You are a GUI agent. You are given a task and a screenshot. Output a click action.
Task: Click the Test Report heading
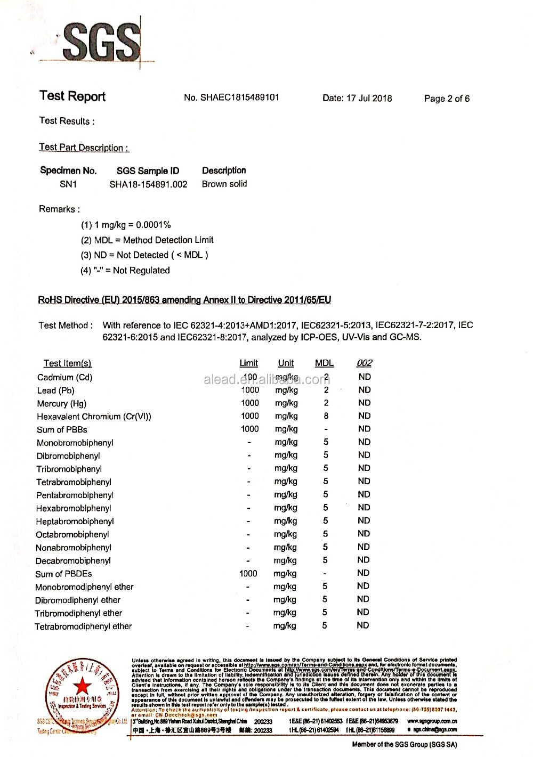[72, 96]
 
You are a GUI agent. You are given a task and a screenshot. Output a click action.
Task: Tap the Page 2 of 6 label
[447, 99]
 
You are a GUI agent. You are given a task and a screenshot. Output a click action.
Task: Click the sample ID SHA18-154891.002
[148, 184]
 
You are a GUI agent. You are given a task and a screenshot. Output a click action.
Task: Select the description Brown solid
[224, 184]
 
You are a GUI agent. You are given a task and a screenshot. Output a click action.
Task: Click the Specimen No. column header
[68, 170]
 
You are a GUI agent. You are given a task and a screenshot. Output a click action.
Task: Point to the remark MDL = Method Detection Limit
[147, 240]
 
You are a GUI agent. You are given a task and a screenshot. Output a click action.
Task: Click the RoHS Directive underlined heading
[184, 300]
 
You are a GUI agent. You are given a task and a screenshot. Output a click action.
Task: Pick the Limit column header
[248, 363]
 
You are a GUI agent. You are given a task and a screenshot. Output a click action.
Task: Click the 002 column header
[364, 363]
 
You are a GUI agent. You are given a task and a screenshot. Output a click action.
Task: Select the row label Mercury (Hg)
[61, 403]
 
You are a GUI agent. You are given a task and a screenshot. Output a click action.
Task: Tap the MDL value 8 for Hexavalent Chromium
[326, 416]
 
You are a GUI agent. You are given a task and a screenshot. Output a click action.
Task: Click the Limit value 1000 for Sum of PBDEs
[248, 574]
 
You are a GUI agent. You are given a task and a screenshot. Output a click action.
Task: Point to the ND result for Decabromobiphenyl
[364, 560]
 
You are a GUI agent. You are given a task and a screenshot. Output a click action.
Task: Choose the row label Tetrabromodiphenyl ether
[83, 626]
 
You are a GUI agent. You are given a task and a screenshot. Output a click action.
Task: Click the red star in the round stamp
[82, 686]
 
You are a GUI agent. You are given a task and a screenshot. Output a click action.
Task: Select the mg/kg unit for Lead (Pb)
[286, 390]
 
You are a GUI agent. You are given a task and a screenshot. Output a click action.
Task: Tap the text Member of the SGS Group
[404, 744]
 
